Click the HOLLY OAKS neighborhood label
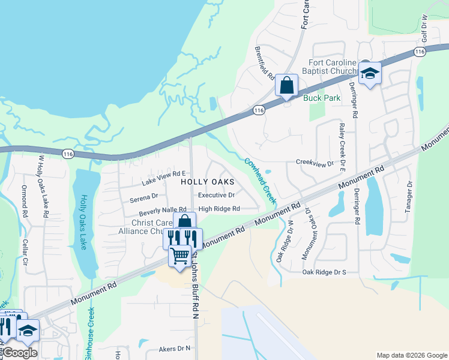(207, 181)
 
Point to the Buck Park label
(322, 98)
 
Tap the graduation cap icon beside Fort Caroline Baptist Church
(370, 74)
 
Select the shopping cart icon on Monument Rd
(179, 256)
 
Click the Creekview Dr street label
(315, 163)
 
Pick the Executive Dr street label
(216, 195)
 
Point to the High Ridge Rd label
(219, 209)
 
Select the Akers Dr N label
(174, 348)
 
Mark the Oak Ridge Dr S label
(325, 272)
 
